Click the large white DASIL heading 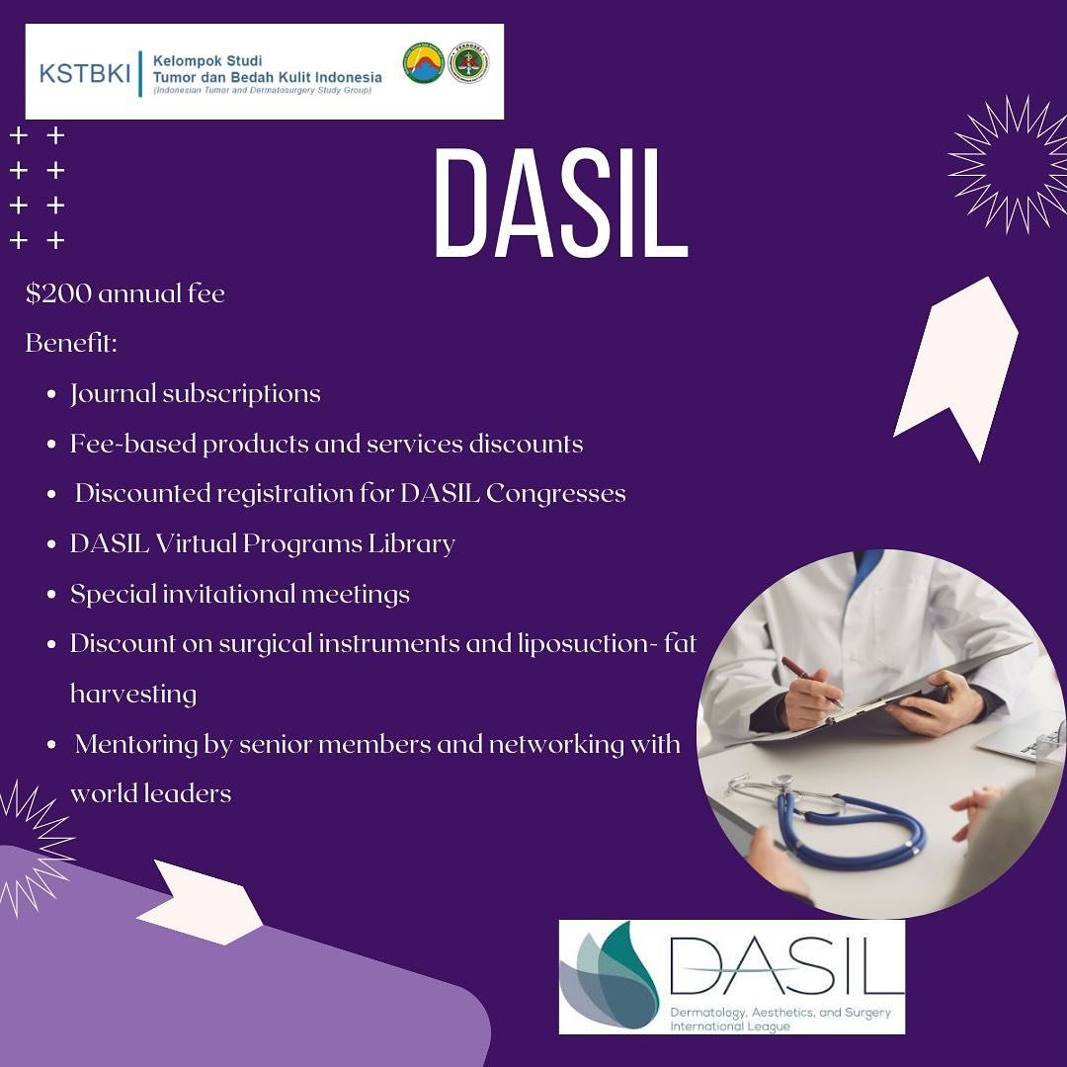pyautogui.click(x=561, y=203)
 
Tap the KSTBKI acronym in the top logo pyautogui.click(x=84, y=73)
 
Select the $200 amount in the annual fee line pyautogui.click(x=58, y=293)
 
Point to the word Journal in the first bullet pyautogui.click(x=114, y=394)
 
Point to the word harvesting pyautogui.click(x=133, y=695)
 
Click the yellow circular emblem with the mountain pyautogui.click(x=423, y=63)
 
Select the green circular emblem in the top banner pyautogui.click(x=468, y=63)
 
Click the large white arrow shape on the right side pyautogui.click(x=955, y=369)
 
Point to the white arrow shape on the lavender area pyautogui.click(x=200, y=902)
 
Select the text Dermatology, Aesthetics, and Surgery pyautogui.click(x=780, y=1013)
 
